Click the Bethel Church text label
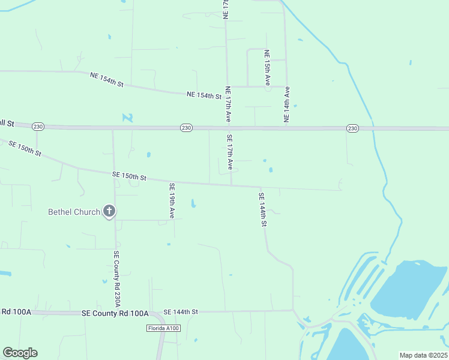click(74, 212)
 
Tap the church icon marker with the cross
click(109, 211)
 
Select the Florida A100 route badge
click(163, 328)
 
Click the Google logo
click(20, 353)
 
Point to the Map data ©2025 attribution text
click(424, 355)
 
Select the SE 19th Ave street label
click(172, 200)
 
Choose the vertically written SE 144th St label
click(262, 209)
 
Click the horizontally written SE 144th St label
click(180, 312)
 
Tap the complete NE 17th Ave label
click(228, 104)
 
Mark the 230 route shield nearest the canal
click(352, 128)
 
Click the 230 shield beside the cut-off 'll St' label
click(38, 126)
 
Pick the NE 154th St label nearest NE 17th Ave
click(204, 95)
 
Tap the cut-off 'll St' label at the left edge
click(7, 123)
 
